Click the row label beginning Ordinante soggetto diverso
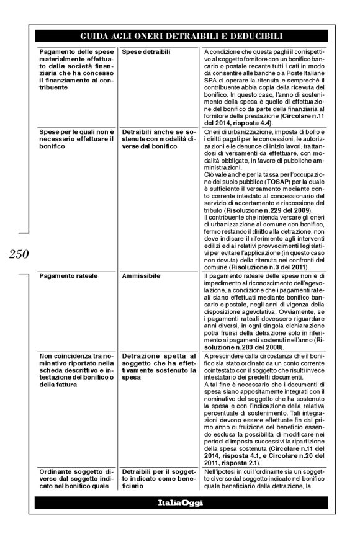click(74, 481)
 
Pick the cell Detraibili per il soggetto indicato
click(155, 481)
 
